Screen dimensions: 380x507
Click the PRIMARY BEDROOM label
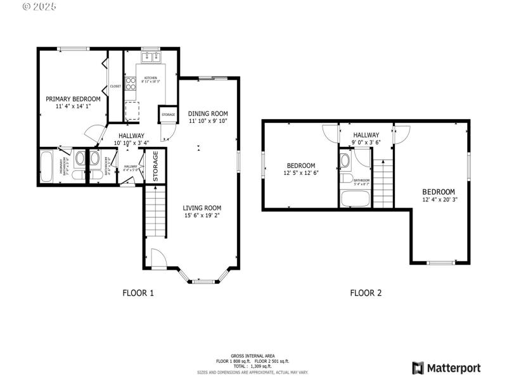[x=73, y=99]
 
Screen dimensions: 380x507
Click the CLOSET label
[x=115, y=86]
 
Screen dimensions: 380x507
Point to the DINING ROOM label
[x=207, y=113]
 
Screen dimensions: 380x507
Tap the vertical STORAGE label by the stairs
[x=155, y=166]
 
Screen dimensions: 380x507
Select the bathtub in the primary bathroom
[x=47, y=167]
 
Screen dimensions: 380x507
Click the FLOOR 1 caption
[x=138, y=293]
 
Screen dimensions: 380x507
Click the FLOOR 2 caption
[x=366, y=293]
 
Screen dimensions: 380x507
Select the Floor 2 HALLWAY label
[x=366, y=135]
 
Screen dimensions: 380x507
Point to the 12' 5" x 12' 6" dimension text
[x=300, y=173]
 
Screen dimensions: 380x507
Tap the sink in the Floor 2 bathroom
[x=346, y=160]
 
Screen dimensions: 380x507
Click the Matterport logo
[x=446, y=368]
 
